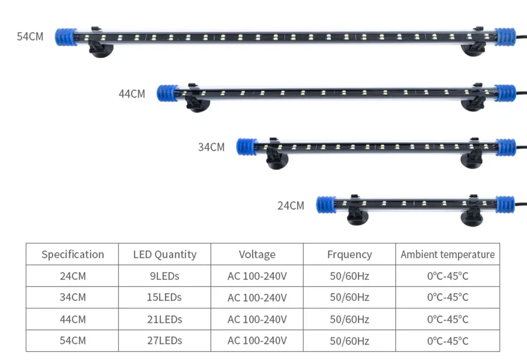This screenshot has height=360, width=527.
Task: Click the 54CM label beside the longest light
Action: [30, 37]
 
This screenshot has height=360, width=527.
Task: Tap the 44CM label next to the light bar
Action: [132, 94]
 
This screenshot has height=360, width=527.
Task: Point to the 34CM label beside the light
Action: [211, 147]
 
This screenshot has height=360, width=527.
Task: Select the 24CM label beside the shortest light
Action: [291, 206]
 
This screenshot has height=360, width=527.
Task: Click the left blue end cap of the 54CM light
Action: [66, 37]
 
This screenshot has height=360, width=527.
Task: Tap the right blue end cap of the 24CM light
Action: [504, 204]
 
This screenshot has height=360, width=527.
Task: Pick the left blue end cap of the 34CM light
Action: [246, 147]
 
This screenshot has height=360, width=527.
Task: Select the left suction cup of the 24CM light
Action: [358, 216]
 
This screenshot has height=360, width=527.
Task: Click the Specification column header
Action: [73, 255]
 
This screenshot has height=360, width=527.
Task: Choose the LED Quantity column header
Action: [165, 255]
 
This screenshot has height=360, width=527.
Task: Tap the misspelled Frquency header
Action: [349, 255]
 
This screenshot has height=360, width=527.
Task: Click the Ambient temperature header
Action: [447, 255]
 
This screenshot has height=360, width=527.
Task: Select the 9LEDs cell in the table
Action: [165, 276]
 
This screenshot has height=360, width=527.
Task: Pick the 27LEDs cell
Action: [165, 340]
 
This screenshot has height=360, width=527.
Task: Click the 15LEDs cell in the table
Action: [165, 297]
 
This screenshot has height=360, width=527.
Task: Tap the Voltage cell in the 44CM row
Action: [257, 319]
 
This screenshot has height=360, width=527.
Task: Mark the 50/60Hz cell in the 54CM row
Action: [349, 340]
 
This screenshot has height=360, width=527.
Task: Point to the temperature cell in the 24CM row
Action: [447, 276]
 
